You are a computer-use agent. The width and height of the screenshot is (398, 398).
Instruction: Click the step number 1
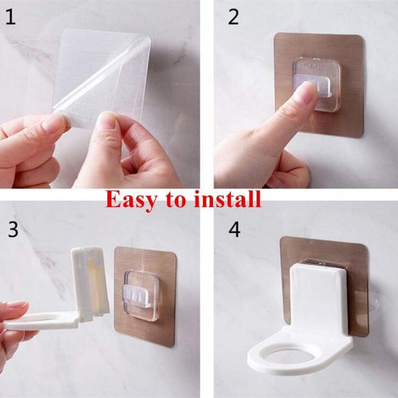11,17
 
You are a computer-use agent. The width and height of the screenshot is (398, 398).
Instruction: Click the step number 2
233,17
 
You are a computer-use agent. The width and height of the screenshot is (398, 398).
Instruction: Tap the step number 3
13,230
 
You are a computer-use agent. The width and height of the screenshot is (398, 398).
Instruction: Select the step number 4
234,230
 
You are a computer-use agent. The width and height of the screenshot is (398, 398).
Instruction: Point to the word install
227,199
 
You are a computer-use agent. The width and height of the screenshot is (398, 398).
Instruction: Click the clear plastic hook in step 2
317,84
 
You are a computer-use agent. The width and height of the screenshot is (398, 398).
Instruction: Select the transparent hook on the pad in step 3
141,296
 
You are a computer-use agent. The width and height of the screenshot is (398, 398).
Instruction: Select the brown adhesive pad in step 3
145,297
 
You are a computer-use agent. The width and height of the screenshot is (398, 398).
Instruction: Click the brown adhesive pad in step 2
319,86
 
